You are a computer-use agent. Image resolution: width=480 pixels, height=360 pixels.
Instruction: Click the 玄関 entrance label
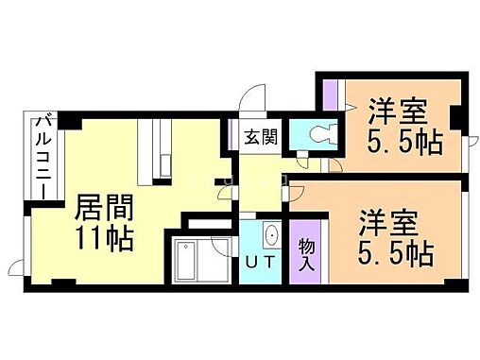(261, 137)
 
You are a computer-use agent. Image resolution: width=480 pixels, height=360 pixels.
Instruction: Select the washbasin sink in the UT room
(269, 235)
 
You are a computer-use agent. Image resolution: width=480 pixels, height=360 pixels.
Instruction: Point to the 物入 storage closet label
(307, 253)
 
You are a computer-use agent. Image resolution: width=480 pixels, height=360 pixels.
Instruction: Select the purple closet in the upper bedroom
(330, 94)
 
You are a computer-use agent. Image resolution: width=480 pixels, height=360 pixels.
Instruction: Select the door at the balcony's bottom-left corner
(13, 268)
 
